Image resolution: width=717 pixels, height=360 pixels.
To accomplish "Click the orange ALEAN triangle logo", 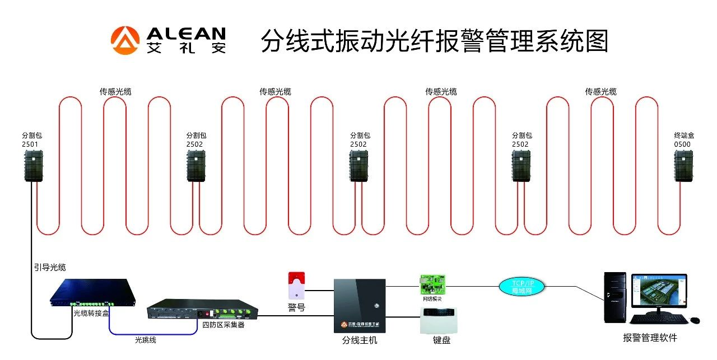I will coord(124,41).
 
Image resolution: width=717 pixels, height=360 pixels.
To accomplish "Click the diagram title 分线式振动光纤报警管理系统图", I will coord(434,41).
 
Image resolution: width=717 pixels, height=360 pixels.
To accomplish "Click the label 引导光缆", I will coord(50,268).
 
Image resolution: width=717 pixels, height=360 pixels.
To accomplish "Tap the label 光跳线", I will coord(145,339).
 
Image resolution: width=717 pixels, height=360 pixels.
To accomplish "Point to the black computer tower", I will coord(614,297).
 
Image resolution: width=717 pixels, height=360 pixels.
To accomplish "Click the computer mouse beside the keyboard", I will coord(695,320).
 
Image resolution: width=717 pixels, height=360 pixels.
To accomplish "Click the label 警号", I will coord(296,307).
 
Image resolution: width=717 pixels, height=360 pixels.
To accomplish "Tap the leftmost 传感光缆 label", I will coord(115,91).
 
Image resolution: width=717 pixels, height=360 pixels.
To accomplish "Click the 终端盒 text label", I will coord(683,135).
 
